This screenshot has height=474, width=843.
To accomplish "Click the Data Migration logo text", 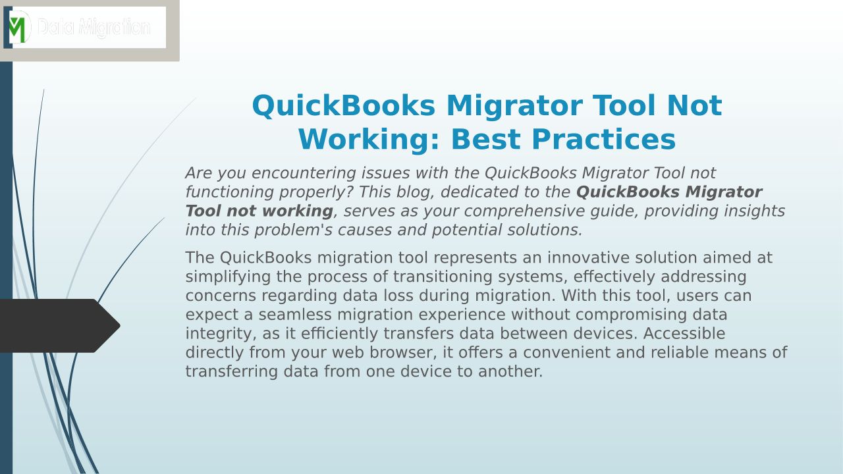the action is coord(94,28).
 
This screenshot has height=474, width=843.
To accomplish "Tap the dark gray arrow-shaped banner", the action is coord(60,326).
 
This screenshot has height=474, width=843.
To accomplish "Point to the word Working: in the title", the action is coord(369,140).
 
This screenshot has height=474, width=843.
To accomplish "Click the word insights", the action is coord(755,211).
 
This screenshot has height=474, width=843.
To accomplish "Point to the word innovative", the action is coord(588,257).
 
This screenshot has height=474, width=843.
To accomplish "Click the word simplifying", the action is coord(228,277).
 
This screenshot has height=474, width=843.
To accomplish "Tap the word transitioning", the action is coord(443,277).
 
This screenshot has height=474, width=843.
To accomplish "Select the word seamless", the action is coord(295,315).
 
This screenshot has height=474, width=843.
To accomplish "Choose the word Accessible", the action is coord(684,333).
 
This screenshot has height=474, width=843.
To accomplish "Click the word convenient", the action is coord(584,352).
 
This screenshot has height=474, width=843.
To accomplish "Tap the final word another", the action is coord(510,371).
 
